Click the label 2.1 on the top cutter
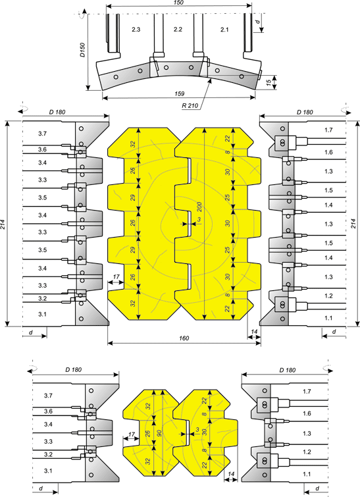pos(224,30)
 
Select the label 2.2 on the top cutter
pos(178,29)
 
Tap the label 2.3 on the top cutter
pos(136,29)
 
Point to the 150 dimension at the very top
pos(179,2)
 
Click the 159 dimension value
pos(180,93)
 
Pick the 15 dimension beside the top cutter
pos(269,83)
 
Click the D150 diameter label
pos(82,49)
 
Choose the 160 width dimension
pos(184,338)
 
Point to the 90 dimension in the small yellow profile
pos(159,433)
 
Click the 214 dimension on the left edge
pos(3,223)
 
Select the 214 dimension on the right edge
pos(354,223)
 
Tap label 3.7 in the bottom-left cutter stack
pos(48,396)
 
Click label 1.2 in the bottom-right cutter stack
pos(307,452)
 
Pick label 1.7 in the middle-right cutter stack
pos(328,130)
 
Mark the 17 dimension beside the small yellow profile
pos(132,434)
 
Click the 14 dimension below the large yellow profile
pos(254,332)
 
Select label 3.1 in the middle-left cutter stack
pos(43,314)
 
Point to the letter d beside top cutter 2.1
pos(258,22)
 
